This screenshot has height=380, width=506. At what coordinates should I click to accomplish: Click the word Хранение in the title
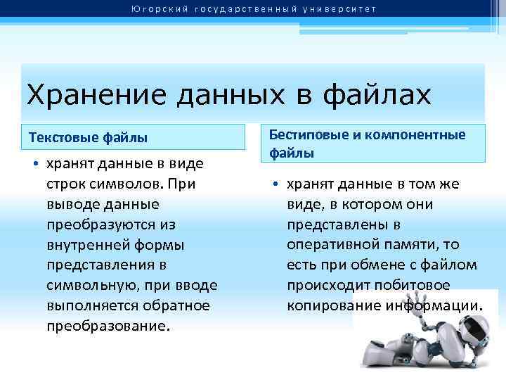85,95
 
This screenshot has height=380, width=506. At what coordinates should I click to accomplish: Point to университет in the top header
344,9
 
